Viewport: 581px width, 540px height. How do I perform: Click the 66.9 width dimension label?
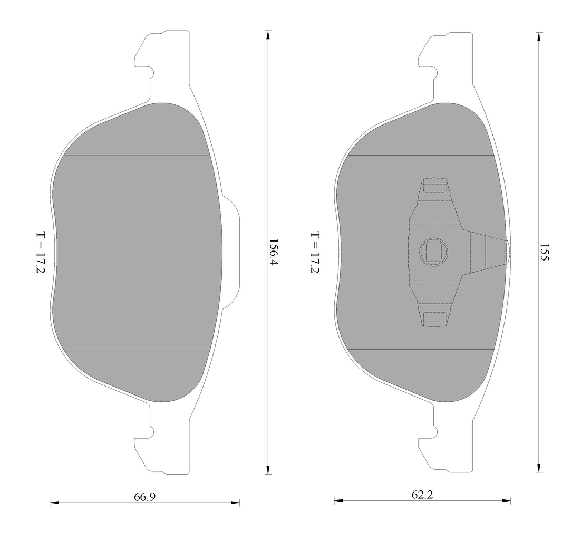(x=144, y=497)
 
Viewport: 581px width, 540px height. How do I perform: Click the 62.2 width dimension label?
(x=422, y=495)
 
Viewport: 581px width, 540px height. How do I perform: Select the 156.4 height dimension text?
(x=273, y=254)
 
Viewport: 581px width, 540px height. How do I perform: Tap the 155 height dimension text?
(x=544, y=253)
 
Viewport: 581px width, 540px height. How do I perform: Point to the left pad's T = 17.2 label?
(x=41, y=253)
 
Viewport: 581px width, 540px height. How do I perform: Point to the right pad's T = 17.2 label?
(x=315, y=253)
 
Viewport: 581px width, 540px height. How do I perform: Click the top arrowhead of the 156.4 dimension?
(x=268, y=35)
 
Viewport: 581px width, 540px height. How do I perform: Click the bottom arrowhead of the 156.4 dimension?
(x=268, y=469)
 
